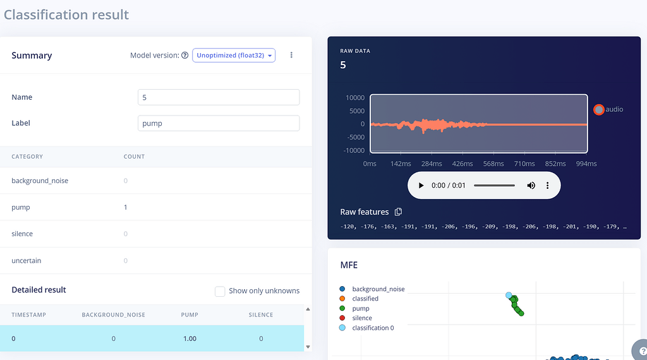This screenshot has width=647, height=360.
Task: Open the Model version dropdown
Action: coord(234,55)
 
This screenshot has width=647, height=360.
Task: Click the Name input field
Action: coord(219,97)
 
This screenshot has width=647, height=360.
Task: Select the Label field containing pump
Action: coord(219,123)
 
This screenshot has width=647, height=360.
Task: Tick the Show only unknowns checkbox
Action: coord(220,291)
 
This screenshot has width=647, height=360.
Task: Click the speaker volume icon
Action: coord(531,186)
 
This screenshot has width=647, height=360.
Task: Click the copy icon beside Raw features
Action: coord(398,212)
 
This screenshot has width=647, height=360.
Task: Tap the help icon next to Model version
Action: coord(185,55)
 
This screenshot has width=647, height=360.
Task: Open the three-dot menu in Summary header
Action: coord(291,55)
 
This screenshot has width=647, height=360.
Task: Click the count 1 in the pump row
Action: coord(126,207)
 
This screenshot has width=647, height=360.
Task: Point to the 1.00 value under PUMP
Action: coord(190,339)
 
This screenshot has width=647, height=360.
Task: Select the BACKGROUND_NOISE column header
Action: coord(114,315)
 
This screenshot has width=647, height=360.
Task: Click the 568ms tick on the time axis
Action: coord(493,164)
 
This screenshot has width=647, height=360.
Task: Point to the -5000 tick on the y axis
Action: coord(354,137)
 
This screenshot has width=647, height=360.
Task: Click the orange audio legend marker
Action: coord(599,110)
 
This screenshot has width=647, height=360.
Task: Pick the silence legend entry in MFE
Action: coord(356,318)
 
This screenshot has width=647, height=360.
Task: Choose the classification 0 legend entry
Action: coord(366,328)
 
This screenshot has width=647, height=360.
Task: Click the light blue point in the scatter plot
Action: coord(509,295)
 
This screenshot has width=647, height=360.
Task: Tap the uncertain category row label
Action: coord(27,261)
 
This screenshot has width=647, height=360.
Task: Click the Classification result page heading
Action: coord(66,15)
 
